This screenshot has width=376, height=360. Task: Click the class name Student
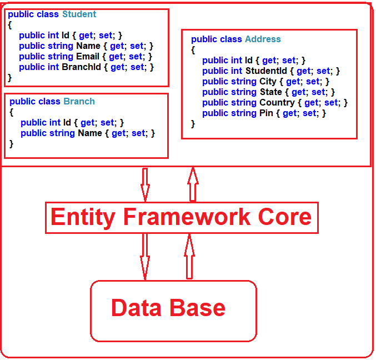(x=79, y=14)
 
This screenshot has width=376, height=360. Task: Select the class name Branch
(x=79, y=102)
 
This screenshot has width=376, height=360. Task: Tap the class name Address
(x=263, y=39)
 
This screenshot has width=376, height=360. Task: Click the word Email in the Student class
(x=88, y=57)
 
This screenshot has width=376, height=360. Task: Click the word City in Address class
(x=268, y=82)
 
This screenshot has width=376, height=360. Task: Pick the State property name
(x=270, y=92)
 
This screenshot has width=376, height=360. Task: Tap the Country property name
(x=277, y=103)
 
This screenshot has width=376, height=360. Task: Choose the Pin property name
(x=266, y=113)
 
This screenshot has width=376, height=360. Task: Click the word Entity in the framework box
(x=83, y=217)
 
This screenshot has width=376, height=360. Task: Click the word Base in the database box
(x=198, y=308)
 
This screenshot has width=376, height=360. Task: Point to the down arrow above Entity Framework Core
(x=145, y=184)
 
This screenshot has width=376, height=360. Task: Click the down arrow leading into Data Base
(x=145, y=256)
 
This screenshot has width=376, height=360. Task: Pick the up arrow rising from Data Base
(x=189, y=256)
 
